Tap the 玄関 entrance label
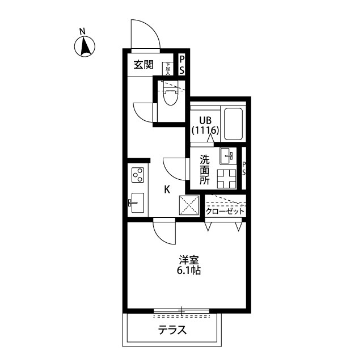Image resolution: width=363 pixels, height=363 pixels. pos(143,65)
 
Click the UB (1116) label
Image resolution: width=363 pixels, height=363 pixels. pos(204,125)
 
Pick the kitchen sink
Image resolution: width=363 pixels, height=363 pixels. pos(137,202)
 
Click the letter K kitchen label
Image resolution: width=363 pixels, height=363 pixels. pos(167,190)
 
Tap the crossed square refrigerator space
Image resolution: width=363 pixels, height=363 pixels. pos(189,205)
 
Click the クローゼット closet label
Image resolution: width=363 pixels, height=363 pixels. pos(225,211)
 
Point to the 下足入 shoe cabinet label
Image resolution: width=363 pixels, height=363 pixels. pos(168,68)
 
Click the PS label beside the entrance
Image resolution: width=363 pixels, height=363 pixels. pos(181,64)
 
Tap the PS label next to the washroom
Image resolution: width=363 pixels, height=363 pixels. pos(244,168)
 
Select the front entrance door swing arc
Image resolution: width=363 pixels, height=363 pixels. pos(145,34)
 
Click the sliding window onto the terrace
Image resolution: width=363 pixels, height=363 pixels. pos(181,310)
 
